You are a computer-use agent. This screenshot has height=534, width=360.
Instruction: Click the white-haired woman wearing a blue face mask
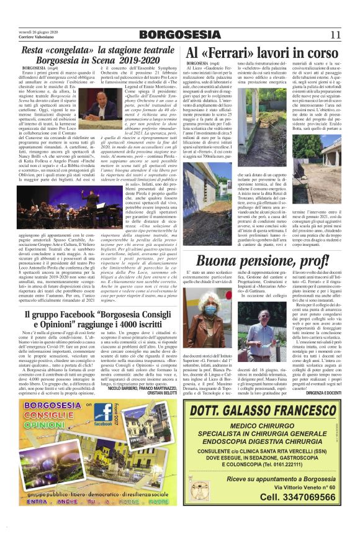click(210, 307)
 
